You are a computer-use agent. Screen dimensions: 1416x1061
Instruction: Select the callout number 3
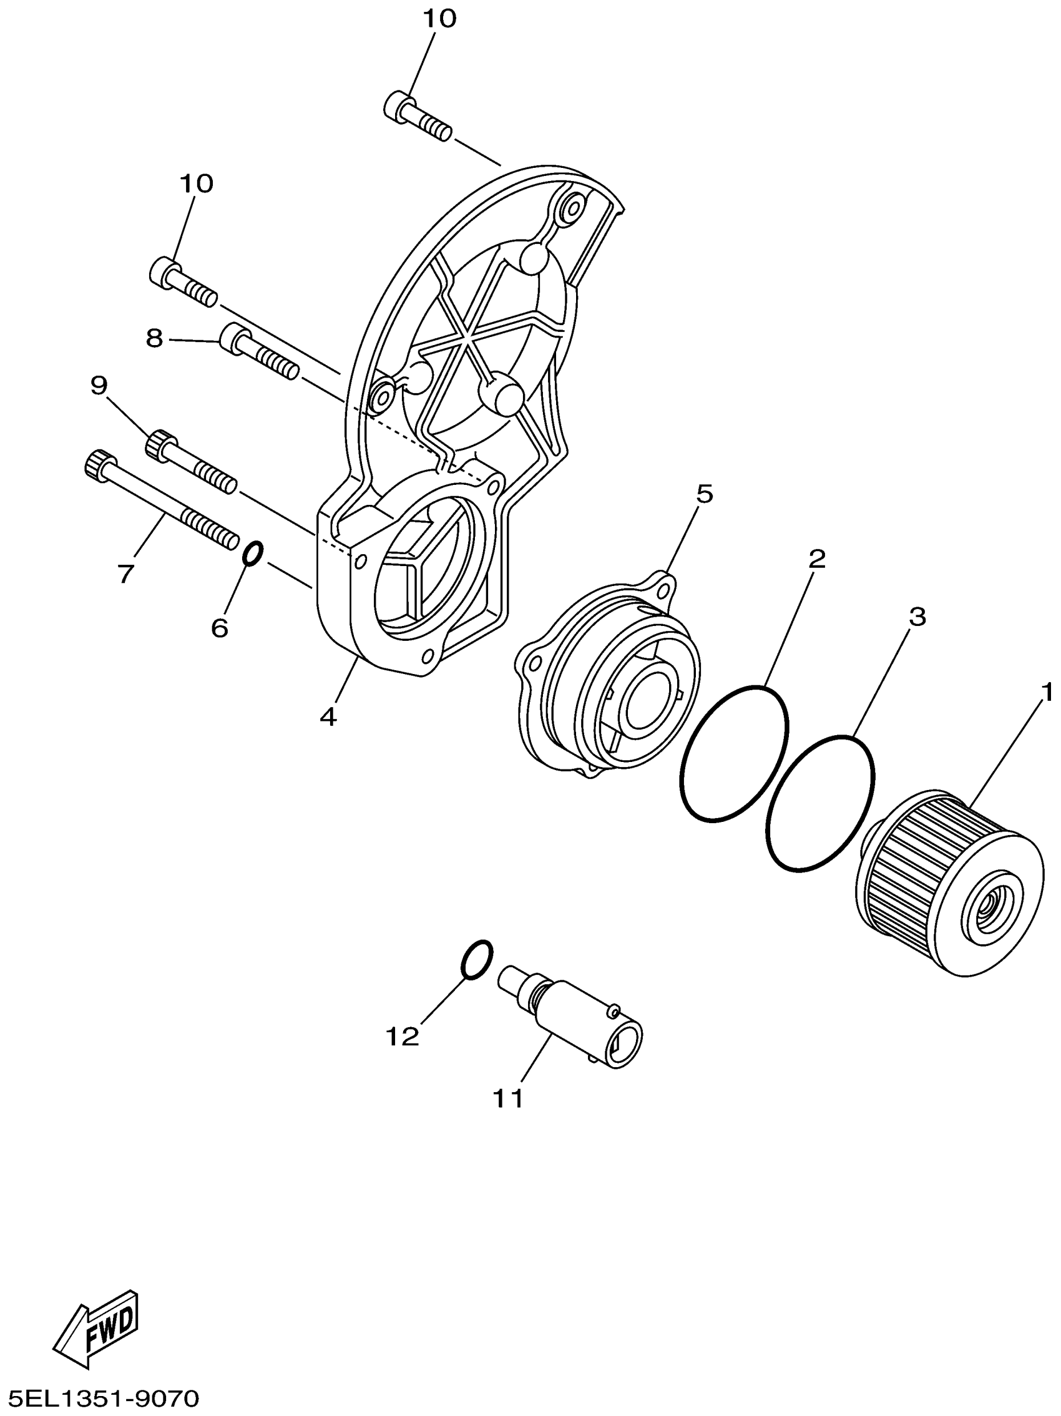(x=917, y=617)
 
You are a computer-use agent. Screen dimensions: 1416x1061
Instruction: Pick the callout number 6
(x=219, y=628)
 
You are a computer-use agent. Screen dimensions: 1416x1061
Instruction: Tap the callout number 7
(x=125, y=573)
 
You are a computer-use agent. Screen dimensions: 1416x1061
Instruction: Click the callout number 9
(x=99, y=386)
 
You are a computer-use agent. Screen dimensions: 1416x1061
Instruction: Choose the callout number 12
(x=402, y=1037)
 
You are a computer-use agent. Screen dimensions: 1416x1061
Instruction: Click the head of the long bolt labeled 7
(x=100, y=463)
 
